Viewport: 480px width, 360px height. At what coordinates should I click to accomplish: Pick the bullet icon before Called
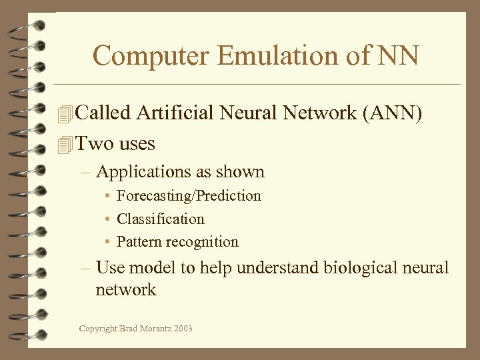(x=65, y=114)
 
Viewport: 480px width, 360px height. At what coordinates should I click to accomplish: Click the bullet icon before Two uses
(x=65, y=144)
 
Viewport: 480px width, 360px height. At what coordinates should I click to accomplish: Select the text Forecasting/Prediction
(x=189, y=195)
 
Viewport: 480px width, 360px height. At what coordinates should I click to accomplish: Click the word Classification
(x=161, y=219)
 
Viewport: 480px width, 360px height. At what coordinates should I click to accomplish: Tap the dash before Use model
(x=85, y=268)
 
